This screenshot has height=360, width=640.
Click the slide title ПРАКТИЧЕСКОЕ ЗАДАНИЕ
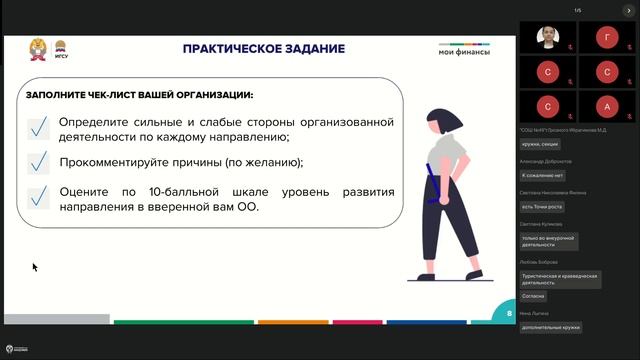click(264, 49)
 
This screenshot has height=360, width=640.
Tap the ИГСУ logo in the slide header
click(60, 49)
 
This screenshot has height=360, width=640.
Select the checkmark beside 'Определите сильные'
click(39, 128)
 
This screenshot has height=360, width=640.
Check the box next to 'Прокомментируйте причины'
click(39, 162)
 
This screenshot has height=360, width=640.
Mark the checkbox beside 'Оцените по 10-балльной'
click(39, 197)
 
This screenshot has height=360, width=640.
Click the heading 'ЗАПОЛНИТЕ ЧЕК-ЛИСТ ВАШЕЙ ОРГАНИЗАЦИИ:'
click(140, 96)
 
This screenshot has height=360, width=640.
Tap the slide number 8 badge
click(509, 313)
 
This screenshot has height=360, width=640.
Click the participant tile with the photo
click(547, 38)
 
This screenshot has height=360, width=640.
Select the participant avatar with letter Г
click(607, 38)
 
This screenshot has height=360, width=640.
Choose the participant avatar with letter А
click(607, 105)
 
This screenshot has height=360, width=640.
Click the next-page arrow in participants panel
click(628, 10)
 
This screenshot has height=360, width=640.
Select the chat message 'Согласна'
click(533, 296)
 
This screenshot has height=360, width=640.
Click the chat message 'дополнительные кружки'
click(551, 327)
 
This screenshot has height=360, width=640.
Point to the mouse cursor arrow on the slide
click(34, 266)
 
